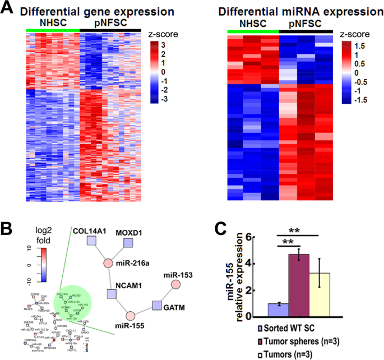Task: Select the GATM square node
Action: click(159, 306)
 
